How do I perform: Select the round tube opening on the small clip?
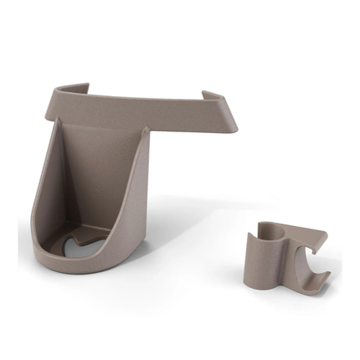click(266, 229)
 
